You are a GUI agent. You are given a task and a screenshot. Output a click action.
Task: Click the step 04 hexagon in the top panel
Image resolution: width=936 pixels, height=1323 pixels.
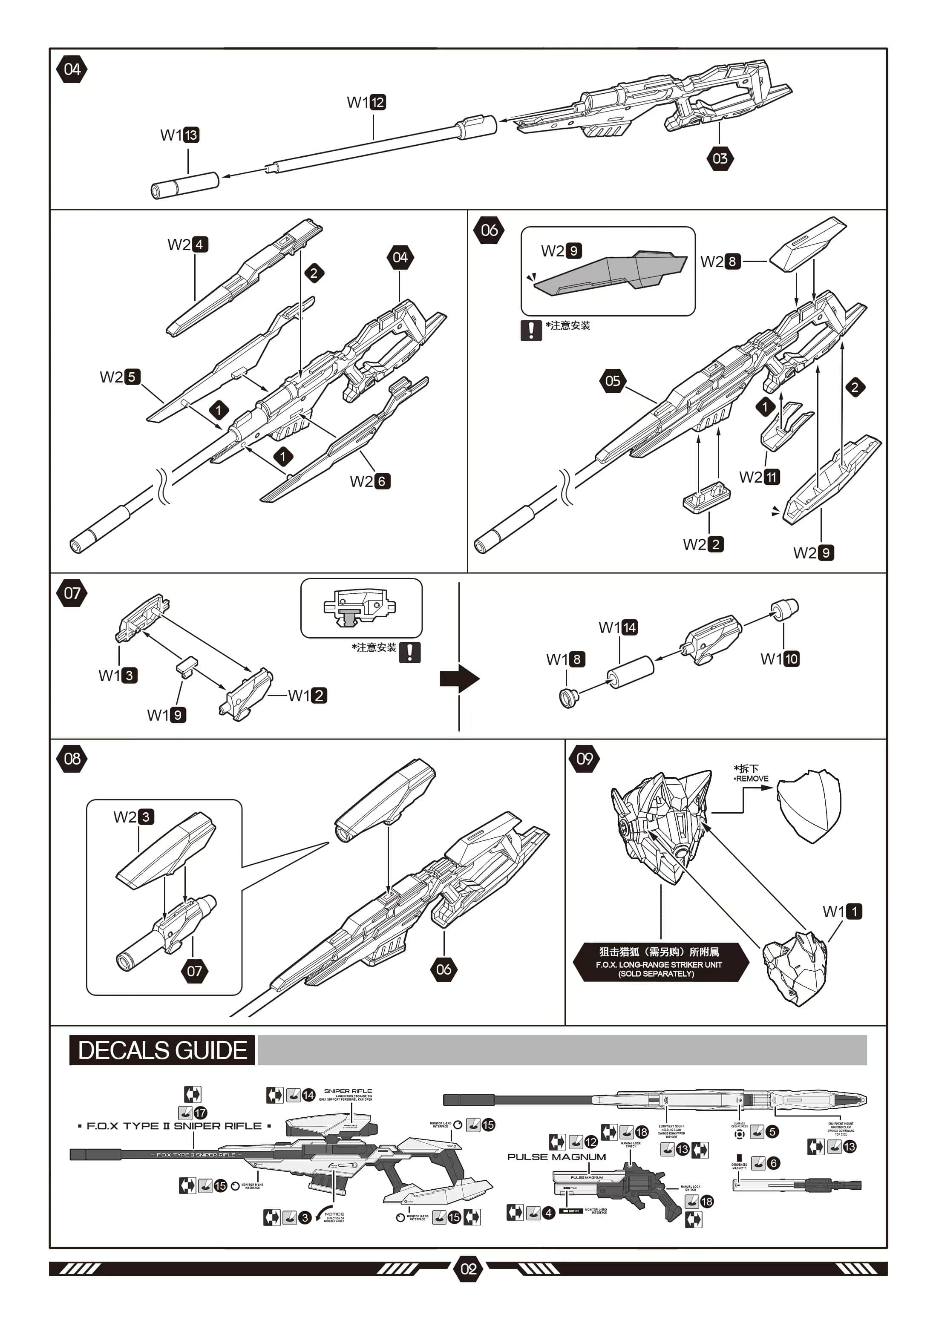click(x=72, y=70)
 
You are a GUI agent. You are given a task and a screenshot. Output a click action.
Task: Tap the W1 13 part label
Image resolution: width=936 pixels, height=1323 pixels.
click(x=179, y=135)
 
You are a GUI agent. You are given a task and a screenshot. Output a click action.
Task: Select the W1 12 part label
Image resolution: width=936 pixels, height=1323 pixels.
click(x=366, y=102)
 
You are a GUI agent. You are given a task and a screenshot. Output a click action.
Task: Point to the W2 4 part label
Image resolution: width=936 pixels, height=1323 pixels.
click(x=187, y=244)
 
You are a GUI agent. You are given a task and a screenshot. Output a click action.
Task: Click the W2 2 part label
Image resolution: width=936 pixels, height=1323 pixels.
click(x=703, y=544)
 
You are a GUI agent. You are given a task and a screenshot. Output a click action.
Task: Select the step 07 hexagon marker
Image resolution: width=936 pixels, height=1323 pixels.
click(x=72, y=593)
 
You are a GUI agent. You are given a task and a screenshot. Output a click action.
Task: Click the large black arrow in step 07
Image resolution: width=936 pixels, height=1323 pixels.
click(x=459, y=679)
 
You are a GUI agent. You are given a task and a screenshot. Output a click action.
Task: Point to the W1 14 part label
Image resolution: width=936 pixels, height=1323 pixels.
click(x=618, y=627)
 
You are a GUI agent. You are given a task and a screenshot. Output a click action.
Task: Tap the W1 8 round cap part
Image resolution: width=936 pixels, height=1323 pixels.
click(x=569, y=699)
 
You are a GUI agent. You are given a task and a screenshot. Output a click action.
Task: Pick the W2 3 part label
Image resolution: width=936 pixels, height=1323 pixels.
click(x=134, y=817)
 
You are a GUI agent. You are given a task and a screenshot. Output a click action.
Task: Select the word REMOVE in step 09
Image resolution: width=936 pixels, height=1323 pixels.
click(x=752, y=779)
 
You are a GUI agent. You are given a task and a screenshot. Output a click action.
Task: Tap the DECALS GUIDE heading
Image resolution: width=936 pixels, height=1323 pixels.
click(x=162, y=1050)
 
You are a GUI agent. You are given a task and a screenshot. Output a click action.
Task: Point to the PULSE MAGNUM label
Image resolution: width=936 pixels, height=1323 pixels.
click(x=556, y=1156)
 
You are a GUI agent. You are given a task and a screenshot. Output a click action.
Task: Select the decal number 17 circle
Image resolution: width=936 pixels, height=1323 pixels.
click(x=200, y=1113)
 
